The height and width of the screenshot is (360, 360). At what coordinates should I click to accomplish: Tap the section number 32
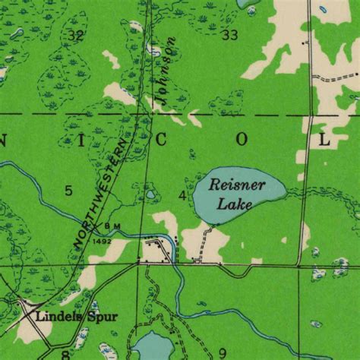click(x=74, y=36)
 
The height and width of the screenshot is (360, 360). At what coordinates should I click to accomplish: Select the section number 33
click(x=230, y=35)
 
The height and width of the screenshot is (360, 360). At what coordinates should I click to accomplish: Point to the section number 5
click(x=68, y=190)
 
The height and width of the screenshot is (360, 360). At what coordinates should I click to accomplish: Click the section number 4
click(x=182, y=196)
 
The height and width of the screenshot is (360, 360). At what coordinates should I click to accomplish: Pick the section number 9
click(x=222, y=352)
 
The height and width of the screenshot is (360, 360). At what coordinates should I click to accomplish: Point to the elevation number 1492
click(x=103, y=241)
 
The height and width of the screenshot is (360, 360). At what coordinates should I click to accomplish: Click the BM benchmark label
click(x=113, y=226)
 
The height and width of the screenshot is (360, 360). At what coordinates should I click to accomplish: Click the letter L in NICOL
click(x=324, y=139)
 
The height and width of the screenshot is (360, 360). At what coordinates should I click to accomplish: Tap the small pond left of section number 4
click(x=150, y=195)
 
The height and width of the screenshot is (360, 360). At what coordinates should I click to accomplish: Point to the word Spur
click(x=100, y=316)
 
